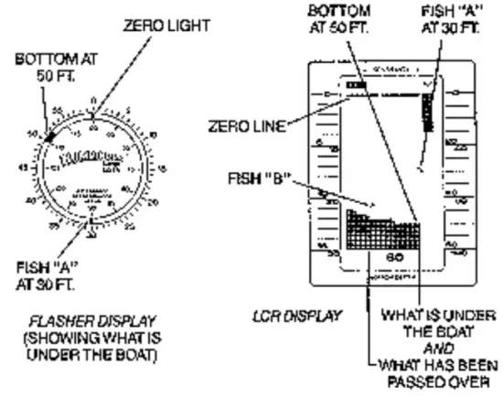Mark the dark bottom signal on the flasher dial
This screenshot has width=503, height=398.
53,135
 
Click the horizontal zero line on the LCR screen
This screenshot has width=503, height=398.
384,102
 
